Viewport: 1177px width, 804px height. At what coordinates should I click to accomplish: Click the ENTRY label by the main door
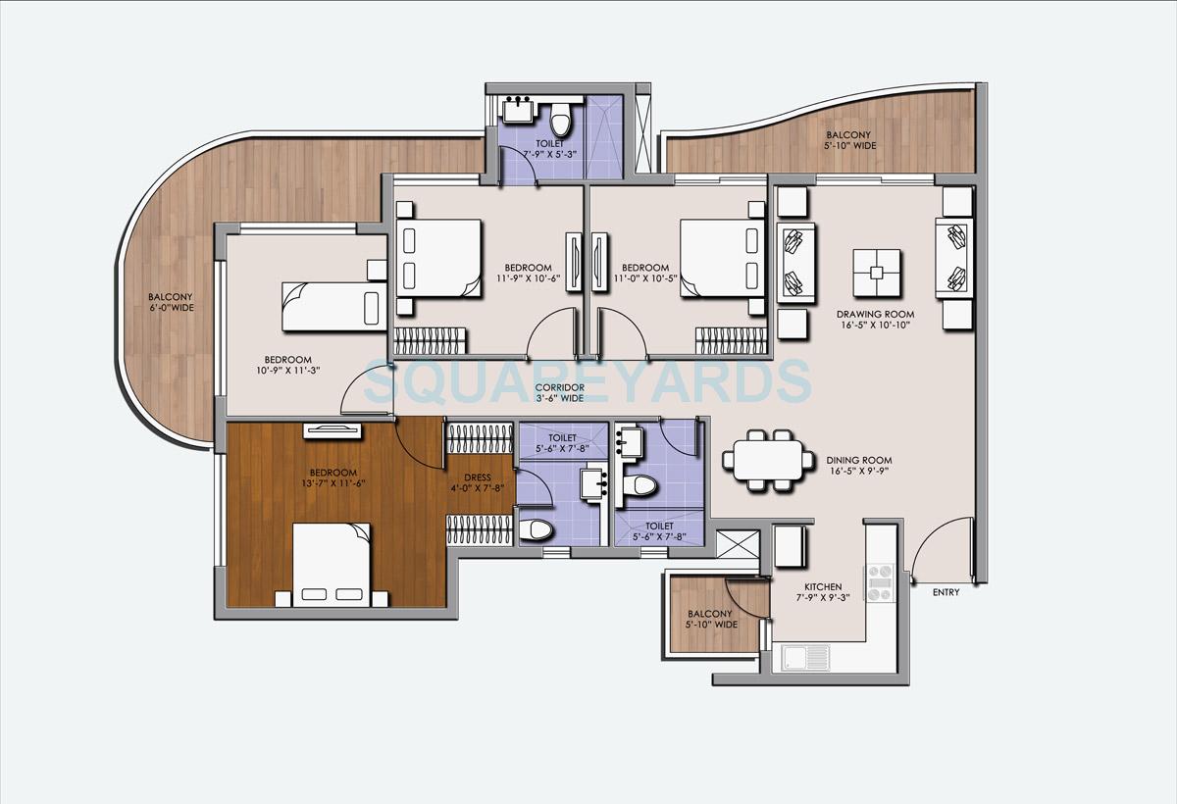(x=947, y=592)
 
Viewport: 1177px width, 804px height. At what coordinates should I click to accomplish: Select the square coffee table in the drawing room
(x=877, y=273)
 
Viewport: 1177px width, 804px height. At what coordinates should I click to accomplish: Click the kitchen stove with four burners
(x=880, y=582)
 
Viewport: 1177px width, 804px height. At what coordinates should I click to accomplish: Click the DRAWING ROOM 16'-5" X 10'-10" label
(x=875, y=321)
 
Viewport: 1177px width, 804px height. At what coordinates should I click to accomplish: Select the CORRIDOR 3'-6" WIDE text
(x=561, y=393)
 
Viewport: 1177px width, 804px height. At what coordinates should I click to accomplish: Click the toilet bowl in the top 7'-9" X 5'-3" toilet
(x=560, y=121)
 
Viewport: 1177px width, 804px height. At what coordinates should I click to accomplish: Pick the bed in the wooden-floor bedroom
(x=332, y=564)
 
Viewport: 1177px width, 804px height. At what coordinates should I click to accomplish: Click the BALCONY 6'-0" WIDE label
(x=171, y=302)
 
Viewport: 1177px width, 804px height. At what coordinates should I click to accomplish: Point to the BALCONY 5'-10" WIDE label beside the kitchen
(x=712, y=620)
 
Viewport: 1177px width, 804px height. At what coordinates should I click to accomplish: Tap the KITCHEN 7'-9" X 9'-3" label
(x=818, y=593)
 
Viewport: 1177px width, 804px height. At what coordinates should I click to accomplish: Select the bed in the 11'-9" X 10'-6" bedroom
(x=438, y=258)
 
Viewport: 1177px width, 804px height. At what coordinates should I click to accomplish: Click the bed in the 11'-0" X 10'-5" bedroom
(x=723, y=258)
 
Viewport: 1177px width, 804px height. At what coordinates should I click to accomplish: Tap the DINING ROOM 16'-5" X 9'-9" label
(x=858, y=465)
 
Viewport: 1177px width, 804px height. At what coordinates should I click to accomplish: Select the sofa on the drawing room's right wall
(x=952, y=259)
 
